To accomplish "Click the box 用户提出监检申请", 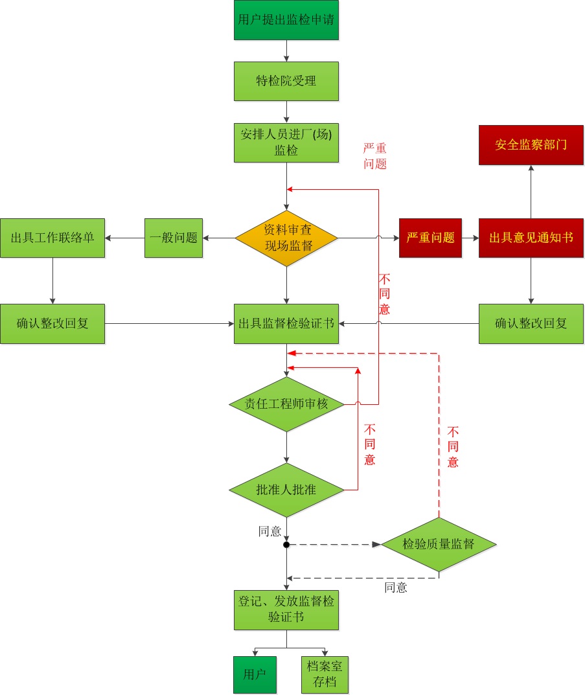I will click(x=286, y=20).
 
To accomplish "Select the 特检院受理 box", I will click(x=286, y=81).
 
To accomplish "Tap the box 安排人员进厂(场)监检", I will click(x=286, y=142).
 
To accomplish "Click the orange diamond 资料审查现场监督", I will click(x=286, y=238).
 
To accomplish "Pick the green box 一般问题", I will click(x=173, y=238).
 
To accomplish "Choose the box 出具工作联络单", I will click(x=52, y=238).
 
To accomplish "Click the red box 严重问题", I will click(x=430, y=238).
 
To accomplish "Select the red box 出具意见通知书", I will click(x=531, y=238).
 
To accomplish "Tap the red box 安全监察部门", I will click(x=531, y=145).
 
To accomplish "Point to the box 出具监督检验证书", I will click(x=286, y=323).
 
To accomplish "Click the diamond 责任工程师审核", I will click(x=286, y=404).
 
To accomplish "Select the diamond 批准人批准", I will click(x=286, y=490).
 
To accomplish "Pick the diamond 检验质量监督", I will click(x=439, y=544).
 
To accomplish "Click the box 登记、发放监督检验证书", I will click(x=286, y=610).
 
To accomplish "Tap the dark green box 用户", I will click(x=254, y=674).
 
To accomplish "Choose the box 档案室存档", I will click(x=325, y=674).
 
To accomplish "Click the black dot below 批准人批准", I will click(x=286, y=545).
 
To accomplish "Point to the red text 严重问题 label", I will click(x=375, y=156).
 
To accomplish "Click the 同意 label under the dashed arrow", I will click(x=396, y=588).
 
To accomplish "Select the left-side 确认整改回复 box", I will click(x=52, y=323).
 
